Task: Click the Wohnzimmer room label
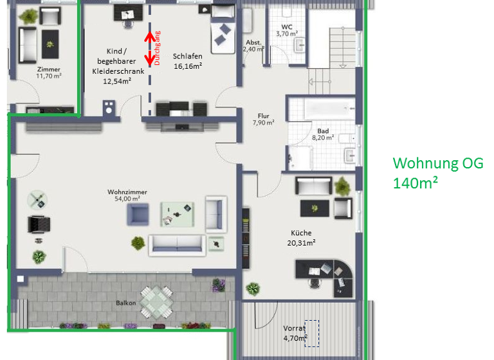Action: coord(127,192)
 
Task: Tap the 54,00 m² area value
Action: coord(127,199)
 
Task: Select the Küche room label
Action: coord(301,233)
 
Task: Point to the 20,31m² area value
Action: coord(301,242)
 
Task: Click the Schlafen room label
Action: coord(188,56)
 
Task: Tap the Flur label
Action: coord(263,116)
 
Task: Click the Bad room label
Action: coord(323,130)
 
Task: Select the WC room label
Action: coord(287,26)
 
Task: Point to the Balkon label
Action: coord(125,302)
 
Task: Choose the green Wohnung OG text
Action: coord(437,163)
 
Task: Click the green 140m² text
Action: coord(416,183)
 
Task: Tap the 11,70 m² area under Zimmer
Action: coord(48,76)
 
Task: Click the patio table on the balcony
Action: coord(157,300)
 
